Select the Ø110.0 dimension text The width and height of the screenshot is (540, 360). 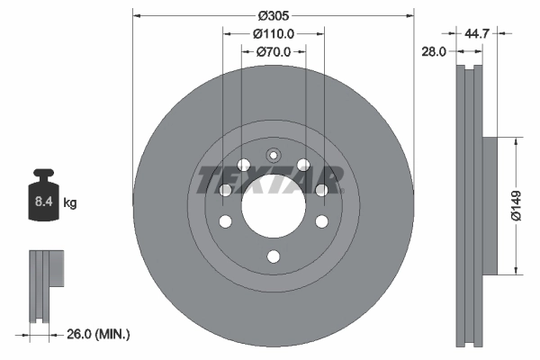(274, 33)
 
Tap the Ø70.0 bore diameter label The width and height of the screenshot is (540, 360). (274, 51)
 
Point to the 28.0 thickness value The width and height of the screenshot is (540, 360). (435, 52)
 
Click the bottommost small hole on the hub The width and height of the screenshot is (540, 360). (274, 257)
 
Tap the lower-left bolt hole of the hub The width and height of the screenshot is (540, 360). (226, 221)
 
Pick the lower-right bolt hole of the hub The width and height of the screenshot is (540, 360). (321, 221)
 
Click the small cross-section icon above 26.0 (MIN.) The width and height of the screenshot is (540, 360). (43, 284)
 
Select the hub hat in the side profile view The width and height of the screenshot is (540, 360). (490, 205)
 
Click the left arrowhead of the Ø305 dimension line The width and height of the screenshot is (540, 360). (137, 16)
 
